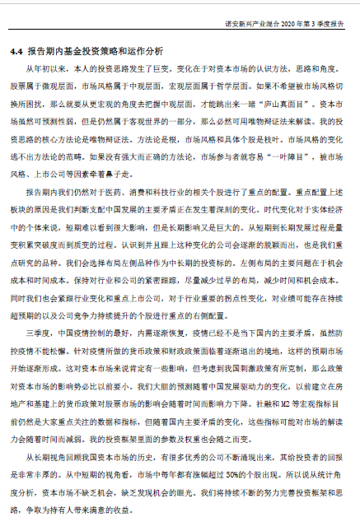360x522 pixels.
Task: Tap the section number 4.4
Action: (x=17, y=51)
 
